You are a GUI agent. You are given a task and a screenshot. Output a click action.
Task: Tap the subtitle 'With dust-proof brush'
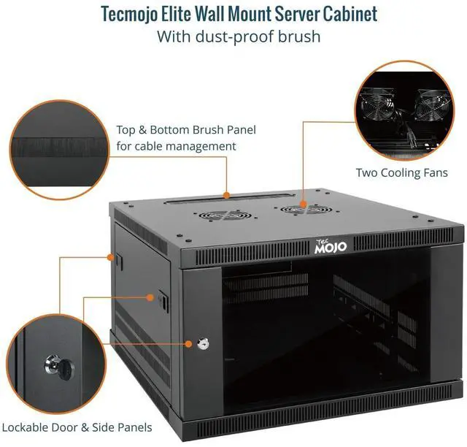(239, 37)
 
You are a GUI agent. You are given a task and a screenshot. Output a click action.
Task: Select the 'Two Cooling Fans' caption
(401, 173)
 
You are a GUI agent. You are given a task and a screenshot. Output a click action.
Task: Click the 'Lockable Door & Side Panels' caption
(77, 427)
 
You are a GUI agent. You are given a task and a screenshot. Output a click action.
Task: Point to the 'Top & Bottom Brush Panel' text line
(186, 130)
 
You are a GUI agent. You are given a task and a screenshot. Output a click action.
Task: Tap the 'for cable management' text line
(176, 146)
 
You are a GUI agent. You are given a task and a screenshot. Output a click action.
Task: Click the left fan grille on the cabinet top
(227, 216)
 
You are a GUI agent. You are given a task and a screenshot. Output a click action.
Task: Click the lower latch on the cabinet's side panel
(161, 299)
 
